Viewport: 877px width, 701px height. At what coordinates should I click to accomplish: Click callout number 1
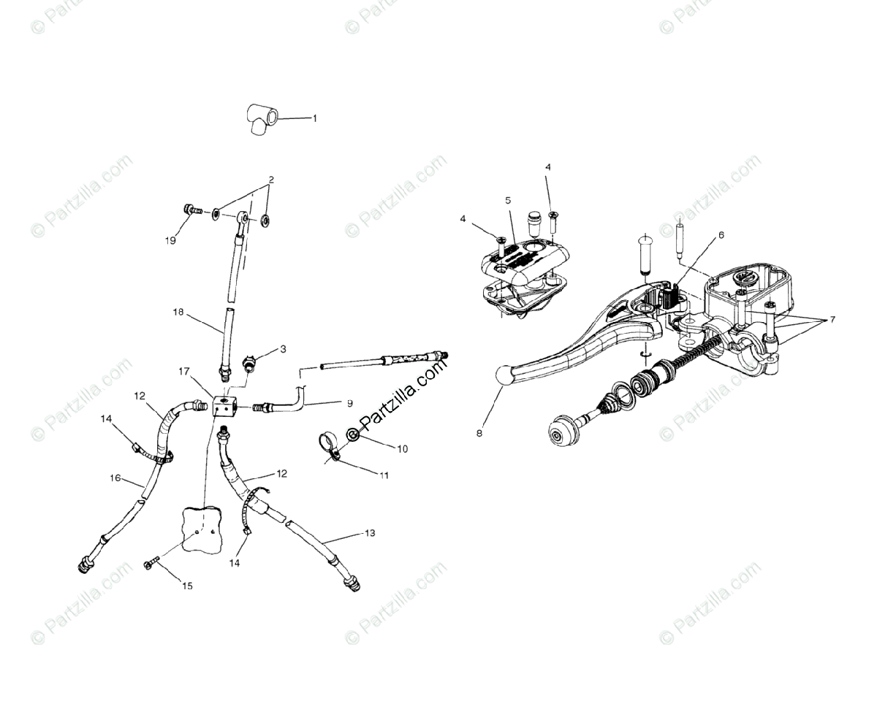coord(315,118)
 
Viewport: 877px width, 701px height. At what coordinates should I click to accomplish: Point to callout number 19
coord(171,240)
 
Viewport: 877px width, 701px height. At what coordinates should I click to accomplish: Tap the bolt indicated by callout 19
coord(192,211)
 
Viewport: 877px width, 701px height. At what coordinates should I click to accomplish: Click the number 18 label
coord(178,312)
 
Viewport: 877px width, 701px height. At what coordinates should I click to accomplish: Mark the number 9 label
coord(349,403)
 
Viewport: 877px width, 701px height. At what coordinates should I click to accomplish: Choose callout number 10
coord(401,448)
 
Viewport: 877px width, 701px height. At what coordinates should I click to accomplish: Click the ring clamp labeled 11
coord(328,445)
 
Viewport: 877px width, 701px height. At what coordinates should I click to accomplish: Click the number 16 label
coord(115,478)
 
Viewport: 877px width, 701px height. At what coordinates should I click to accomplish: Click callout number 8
coord(479,432)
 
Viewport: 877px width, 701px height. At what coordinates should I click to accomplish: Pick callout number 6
coord(721,235)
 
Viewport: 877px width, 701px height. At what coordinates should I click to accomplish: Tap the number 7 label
coord(832,320)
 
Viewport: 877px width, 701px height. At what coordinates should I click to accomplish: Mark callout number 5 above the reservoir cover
coord(508,200)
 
